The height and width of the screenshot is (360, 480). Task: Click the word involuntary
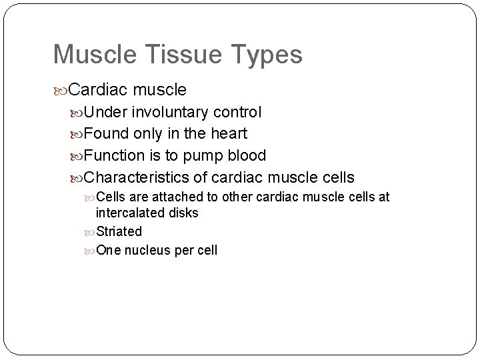169,112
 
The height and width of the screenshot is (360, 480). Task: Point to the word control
238,111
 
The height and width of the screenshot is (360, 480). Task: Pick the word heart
229,133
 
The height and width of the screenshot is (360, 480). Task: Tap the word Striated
119,231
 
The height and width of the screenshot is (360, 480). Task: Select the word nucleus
146,250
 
